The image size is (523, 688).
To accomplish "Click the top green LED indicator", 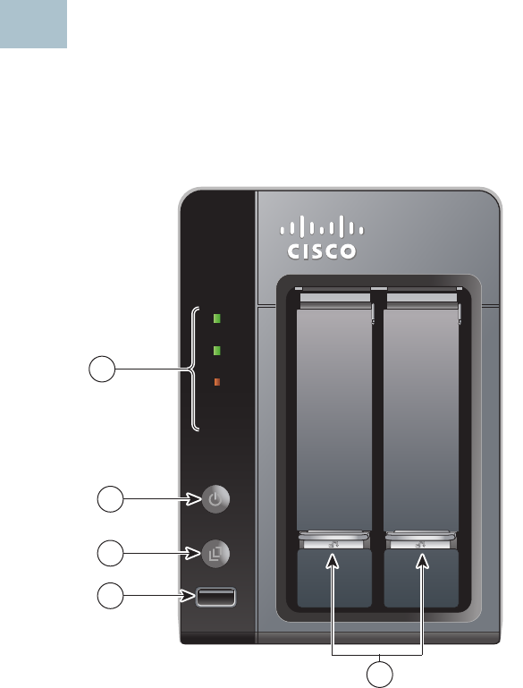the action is [216, 319].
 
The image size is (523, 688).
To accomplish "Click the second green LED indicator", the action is [216, 351].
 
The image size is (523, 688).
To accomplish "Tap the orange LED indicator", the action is [216, 382].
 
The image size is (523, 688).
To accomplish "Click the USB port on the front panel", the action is [215, 597].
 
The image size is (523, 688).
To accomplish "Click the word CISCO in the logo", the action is [321, 251].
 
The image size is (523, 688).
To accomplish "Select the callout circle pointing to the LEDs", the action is [102, 369].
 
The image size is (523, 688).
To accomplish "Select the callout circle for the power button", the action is [110, 499].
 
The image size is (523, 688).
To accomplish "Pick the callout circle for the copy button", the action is [110, 553].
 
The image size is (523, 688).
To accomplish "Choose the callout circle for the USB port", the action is [110, 596].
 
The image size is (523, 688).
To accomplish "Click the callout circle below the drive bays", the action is [380, 675].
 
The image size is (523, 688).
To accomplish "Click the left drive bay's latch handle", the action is [334, 540].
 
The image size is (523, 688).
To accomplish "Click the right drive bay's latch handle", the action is [421, 540].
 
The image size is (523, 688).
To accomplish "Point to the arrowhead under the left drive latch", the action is [333, 561].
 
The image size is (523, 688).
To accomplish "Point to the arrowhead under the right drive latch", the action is [422, 561].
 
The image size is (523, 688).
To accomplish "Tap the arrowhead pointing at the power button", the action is [193, 499].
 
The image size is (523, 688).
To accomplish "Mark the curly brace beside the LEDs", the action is [193, 369].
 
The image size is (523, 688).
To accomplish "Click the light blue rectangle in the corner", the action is [33, 23].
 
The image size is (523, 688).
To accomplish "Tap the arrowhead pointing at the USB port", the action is [188, 596].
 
